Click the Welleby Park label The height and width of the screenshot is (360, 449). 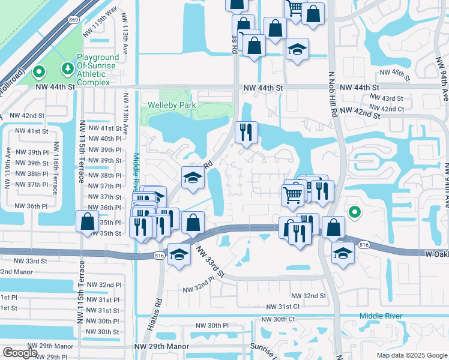point(172,106)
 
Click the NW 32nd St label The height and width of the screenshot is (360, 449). point(309,296)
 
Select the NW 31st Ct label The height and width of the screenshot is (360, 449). point(283,306)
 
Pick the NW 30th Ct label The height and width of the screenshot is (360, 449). point(276,319)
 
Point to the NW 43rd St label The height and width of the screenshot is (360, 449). point(385,98)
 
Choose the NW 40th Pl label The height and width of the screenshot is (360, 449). point(104,139)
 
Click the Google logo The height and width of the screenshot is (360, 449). point(20,353)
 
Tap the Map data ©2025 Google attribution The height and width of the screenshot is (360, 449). point(411,355)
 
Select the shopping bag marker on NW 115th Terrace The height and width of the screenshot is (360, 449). point(87,221)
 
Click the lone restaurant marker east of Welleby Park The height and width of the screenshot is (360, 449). point(247,133)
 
